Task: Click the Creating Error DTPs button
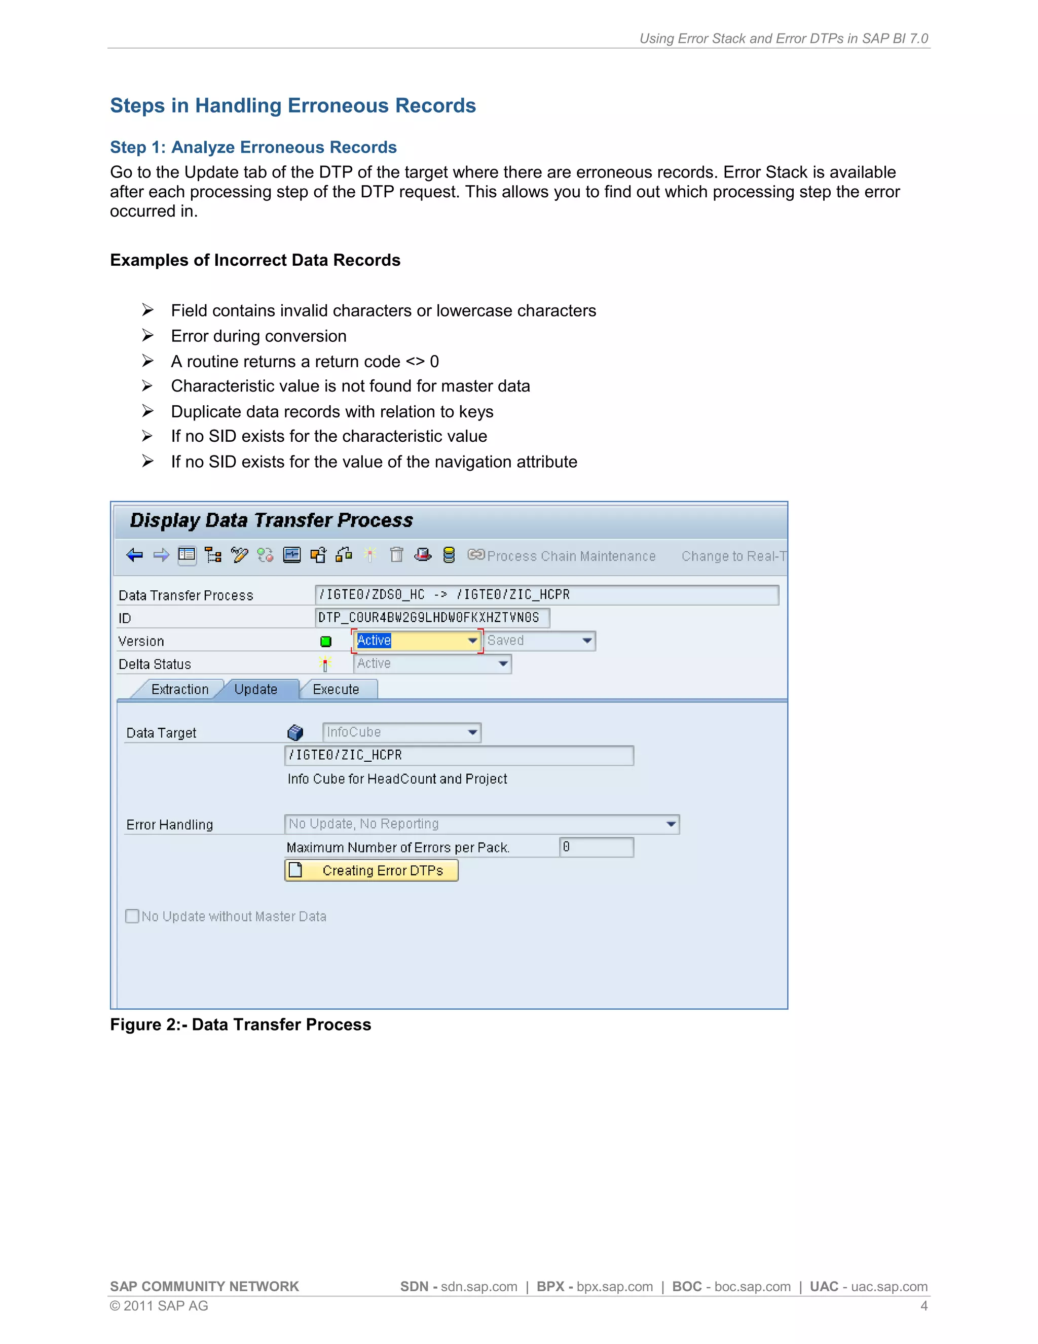(372, 870)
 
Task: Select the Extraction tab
(179, 689)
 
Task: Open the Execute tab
(336, 689)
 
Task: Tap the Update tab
(256, 689)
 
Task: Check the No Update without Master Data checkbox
(132, 916)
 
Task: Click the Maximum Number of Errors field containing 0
(596, 847)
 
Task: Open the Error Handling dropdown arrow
(671, 824)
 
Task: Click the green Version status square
(326, 641)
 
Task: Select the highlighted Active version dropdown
(416, 641)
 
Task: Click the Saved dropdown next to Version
(539, 641)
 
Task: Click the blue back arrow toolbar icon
(134, 555)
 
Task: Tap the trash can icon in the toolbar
(397, 555)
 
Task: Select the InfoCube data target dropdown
(401, 732)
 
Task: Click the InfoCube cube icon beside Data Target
(295, 732)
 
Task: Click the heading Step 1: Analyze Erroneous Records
(253, 148)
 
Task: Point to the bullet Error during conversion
(258, 336)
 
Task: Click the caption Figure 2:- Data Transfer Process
(240, 1024)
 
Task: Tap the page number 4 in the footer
(923, 1306)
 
